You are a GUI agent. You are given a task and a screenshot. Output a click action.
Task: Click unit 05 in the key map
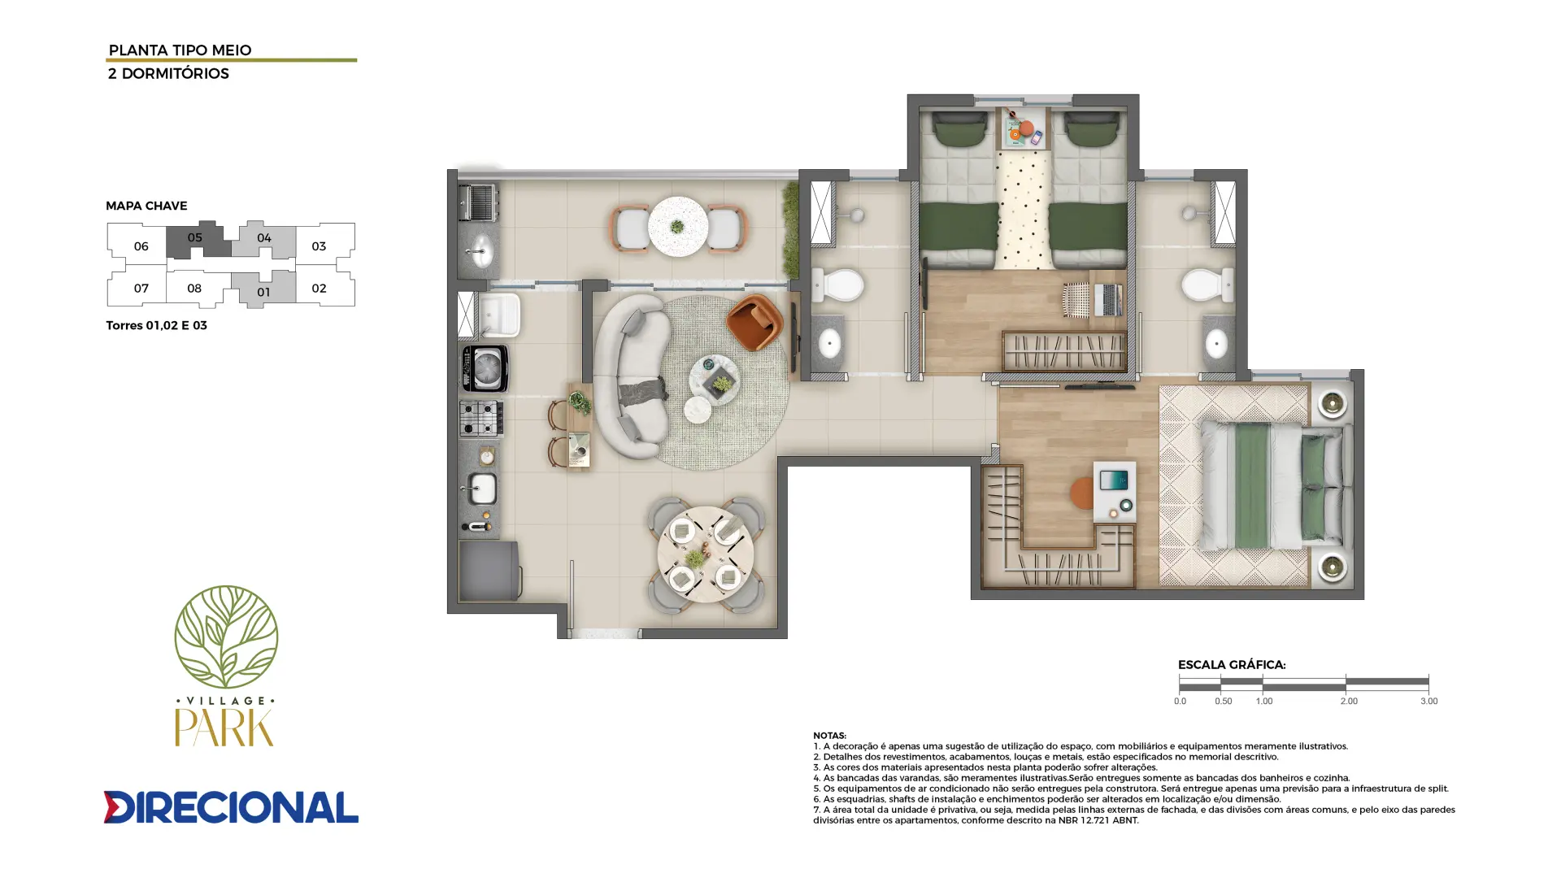coord(195,240)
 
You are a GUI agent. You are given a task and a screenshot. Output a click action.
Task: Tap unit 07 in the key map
coord(141,288)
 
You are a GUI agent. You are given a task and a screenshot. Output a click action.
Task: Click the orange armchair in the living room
coord(755,322)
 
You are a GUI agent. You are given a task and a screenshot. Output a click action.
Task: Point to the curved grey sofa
coord(630,377)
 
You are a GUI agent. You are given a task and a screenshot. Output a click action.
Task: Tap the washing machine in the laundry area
coord(485,368)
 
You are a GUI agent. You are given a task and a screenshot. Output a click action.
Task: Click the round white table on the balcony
coord(678,226)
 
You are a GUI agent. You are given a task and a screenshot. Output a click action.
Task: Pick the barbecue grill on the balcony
coord(479,201)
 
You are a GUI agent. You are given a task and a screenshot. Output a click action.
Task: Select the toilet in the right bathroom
coord(1207,285)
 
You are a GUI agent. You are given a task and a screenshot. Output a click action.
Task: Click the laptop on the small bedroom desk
coord(1107,300)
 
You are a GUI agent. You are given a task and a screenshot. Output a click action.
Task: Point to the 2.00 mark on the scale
coord(1349,701)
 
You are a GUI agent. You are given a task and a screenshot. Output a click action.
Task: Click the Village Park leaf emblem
coord(226,637)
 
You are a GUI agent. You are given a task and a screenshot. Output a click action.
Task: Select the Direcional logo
coord(231,806)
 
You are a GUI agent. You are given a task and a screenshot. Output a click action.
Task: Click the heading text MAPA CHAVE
coord(146,206)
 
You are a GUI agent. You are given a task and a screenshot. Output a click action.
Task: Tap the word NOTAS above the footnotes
coord(829,735)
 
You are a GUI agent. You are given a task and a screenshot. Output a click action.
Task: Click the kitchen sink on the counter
coord(480,489)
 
